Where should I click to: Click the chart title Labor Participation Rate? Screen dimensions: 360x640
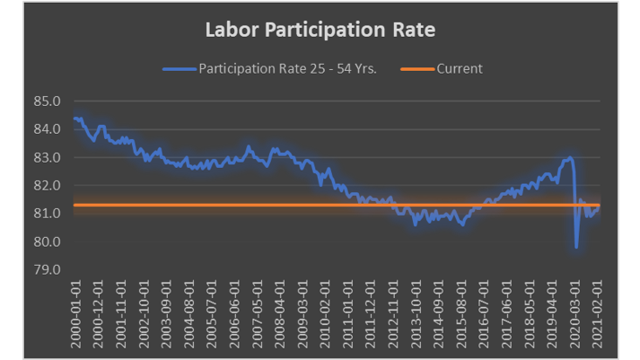click(x=320, y=31)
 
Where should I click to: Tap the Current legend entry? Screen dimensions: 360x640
click(x=459, y=68)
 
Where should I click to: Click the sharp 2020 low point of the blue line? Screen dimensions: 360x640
click(x=575, y=246)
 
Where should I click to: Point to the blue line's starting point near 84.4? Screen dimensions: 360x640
click(x=75, y=118)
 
